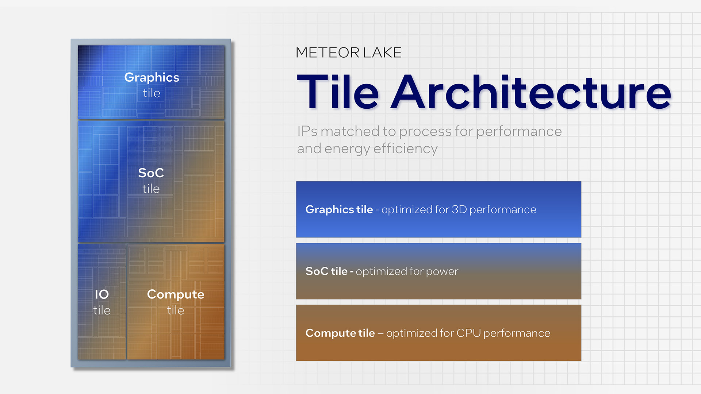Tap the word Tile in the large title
[338, 92]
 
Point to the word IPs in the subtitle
[307, 131]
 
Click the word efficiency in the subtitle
[405, 149]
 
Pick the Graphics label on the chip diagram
[152, 78]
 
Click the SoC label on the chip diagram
[151, 173]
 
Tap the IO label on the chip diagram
[102, 294]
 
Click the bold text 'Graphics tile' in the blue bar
[339, 209]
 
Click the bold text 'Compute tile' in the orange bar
[340, 333]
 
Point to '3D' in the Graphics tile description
[459, 209]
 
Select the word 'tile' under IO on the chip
[102, 310]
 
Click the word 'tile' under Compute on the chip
[176, 310]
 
